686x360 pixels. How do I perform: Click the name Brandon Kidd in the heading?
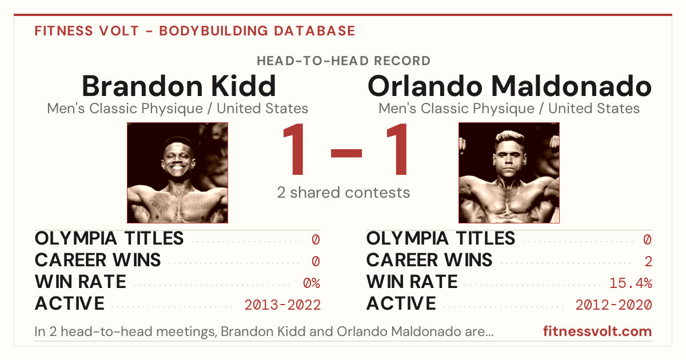(x=179, y=86)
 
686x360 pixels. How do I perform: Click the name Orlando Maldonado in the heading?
(x=509, y=86)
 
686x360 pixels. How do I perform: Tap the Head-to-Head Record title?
(x=344, y=61)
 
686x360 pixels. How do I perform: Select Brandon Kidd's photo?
(x=178, y=173)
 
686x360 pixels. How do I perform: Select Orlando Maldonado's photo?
(x=509, y=173)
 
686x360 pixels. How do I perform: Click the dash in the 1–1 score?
(x=346, y=153)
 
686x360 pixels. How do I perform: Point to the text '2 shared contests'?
(x=344, y=193)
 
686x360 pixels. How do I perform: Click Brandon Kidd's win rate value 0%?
(x=312, y=283)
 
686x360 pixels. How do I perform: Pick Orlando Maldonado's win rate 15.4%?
(x=631, y=283)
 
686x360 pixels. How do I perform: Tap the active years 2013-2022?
(x=282, y=305)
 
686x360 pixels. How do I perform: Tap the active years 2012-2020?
(x=614, y=305)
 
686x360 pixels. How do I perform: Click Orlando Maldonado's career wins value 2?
(x=648, y=262)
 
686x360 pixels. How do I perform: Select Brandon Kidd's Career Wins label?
(x=98, y=260)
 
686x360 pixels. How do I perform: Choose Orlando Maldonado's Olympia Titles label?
(x=441, y=238)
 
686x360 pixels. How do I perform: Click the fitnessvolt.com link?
(x=597, y=331)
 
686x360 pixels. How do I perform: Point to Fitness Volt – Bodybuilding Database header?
(x=195, y=31)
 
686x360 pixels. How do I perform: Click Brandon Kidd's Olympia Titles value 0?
(x=316, y=239)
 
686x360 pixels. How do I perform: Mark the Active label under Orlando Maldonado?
(x=401, y=303)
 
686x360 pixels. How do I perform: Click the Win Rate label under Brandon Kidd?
(x=81, y=282)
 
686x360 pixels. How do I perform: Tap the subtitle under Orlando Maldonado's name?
(x=509, y=109)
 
